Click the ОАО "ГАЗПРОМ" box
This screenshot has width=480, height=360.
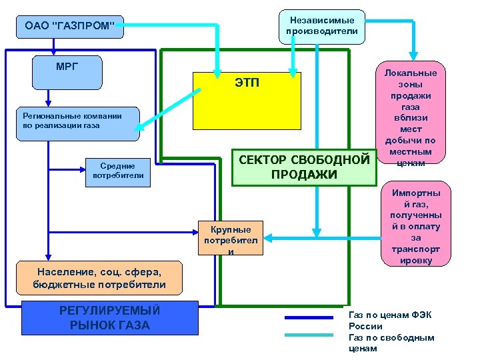69,27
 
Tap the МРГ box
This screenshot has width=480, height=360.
67,72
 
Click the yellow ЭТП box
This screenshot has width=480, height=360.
247,100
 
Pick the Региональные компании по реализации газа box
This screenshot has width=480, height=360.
78,124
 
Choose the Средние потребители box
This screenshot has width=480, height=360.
118,171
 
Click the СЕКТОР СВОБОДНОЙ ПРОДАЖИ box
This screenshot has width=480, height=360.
303,167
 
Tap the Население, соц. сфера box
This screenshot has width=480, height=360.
99,277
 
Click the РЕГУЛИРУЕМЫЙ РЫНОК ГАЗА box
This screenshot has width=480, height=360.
110,317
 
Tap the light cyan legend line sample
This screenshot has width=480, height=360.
308,335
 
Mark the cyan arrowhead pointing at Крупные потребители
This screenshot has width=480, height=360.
269,236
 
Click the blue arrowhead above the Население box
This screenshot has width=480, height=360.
47,256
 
